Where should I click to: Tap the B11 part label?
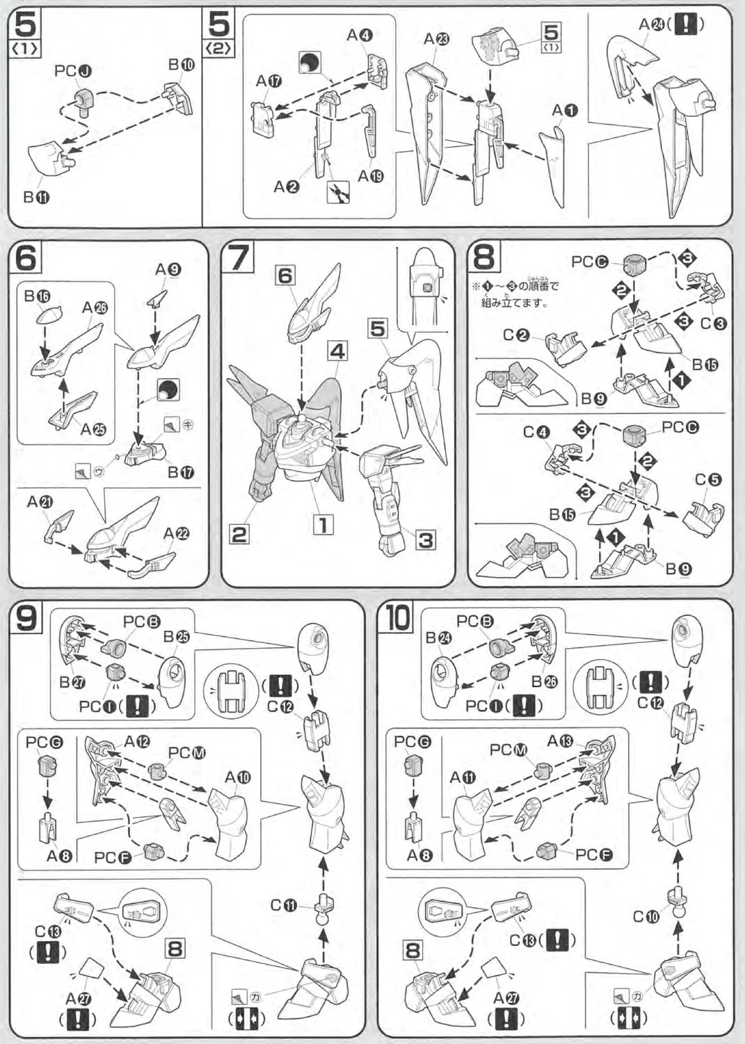[x=36, y=198]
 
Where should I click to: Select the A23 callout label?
[x=437, y=39]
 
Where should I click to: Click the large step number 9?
[x=26, y=617]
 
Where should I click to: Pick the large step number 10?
[x=398, y=617]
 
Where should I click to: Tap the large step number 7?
[x=238, y=258]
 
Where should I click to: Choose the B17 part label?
[x=181, y=473]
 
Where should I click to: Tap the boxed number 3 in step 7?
[x=425, y=539]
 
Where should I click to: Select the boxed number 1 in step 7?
[x=322, y=524]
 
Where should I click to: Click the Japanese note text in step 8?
[x=519, y=294]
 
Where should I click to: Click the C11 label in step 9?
[x=284, y=905]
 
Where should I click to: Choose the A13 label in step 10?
[x=560, y=741]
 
